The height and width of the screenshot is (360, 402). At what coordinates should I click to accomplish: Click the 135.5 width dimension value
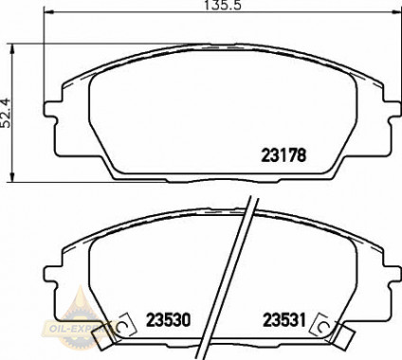coord(223,6)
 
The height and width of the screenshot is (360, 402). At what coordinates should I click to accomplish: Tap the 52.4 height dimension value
coord(6,113)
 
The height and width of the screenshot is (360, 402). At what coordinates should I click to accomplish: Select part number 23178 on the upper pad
coord(283,155)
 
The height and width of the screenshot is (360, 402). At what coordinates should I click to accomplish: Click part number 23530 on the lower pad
coord(168,320)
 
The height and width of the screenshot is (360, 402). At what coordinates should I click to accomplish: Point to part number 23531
coord(284,320)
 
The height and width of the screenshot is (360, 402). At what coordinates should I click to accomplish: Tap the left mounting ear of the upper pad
coord(50,110)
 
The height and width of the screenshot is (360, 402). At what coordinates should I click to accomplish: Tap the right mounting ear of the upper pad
coord(393,110)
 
